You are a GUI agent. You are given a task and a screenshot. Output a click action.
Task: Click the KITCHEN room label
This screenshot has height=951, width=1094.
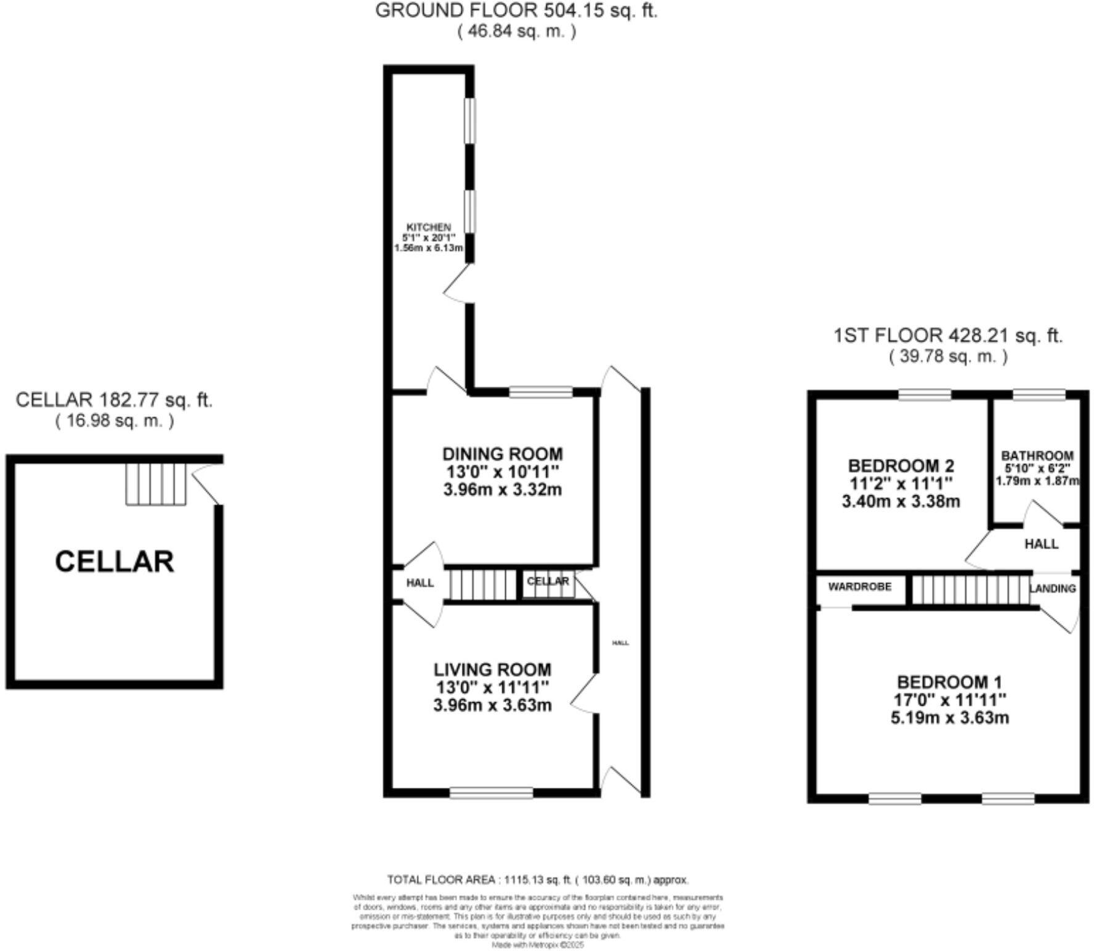(429, 227)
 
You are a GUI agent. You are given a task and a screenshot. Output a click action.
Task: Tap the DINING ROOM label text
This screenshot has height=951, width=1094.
(502, 454)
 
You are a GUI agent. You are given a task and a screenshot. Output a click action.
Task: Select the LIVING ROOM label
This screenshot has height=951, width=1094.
(492, 670)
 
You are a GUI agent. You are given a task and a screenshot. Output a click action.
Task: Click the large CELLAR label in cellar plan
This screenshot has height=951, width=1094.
(115, 562)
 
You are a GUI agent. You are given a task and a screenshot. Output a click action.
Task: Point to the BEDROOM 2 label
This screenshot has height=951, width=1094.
(901, 466)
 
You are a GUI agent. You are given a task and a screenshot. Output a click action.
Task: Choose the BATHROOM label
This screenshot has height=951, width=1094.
(1037, 456)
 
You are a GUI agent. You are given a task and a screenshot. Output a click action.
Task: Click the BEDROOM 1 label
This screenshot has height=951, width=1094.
(949, 682)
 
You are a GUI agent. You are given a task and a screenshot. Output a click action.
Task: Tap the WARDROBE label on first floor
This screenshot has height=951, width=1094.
(859, 586)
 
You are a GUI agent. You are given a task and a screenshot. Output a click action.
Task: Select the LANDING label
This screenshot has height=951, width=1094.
(1053, 588)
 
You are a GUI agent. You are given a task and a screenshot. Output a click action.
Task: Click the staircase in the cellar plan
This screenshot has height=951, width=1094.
(156, 484)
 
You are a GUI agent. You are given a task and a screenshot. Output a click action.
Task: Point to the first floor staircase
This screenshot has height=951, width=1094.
(970, 589)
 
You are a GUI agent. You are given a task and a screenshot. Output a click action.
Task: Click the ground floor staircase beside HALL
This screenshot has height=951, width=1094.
(482, 584)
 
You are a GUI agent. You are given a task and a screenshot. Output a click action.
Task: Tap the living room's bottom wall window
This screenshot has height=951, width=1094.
(491, 793)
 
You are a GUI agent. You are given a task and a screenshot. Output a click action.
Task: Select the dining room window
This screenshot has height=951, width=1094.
(540, 392)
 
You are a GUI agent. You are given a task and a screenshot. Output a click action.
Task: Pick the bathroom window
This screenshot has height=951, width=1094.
(1039, 394)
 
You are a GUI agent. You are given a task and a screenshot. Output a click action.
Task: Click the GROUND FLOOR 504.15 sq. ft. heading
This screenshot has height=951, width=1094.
(516, 11)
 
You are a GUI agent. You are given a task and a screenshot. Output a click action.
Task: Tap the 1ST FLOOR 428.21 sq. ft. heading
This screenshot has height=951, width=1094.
(948, 336)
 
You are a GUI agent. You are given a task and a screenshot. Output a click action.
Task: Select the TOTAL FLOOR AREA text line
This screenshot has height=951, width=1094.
(537, 880)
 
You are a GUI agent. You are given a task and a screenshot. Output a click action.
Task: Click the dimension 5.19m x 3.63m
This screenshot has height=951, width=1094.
(949, 718)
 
